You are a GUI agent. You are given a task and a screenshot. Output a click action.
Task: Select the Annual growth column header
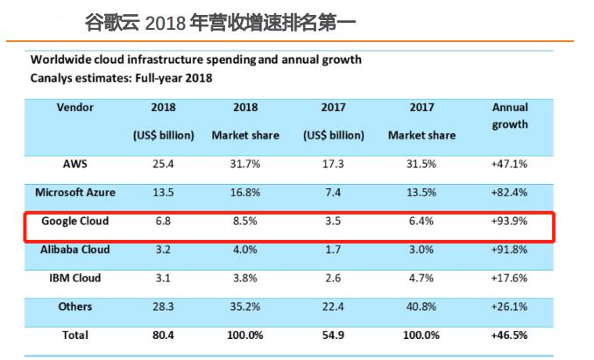pos(510,116)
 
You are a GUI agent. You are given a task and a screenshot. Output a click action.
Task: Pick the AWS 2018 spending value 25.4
pos(163,164)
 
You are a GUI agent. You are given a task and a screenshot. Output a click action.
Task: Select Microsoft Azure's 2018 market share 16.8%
pos(246,192)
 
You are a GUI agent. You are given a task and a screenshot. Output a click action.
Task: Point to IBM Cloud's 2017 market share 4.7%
pos(421,279)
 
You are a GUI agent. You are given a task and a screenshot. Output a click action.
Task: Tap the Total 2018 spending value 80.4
pos(163,335)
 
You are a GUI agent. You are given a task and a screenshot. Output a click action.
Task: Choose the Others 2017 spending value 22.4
pos(333,307)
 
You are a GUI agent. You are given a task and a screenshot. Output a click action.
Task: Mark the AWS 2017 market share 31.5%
pos(421,164)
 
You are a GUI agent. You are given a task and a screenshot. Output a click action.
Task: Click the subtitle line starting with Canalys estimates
pos(122,78)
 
